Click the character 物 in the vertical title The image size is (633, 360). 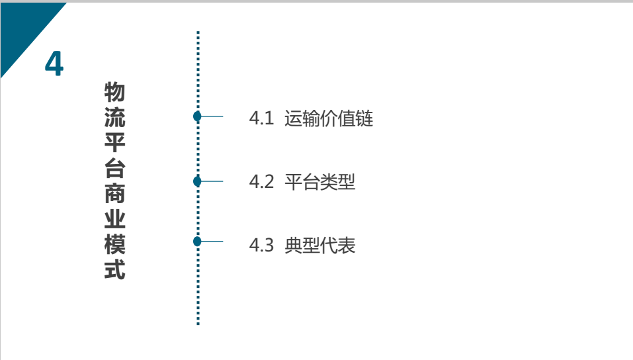(x=114, y=93)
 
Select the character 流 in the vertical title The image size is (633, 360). (x=114, y=118)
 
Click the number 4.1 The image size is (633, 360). (x=261, y=119)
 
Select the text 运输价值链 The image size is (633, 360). (x=329, y=119)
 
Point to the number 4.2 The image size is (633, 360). (x=261, y=182)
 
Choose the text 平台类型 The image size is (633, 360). (x=320, y=182)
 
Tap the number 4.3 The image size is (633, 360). (x=261, y=246)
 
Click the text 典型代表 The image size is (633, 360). (x=320, y=246)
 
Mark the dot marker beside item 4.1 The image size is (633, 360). (x=197, y=116)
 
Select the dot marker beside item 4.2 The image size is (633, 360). (x=197, y=181)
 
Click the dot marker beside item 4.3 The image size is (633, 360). (x=197, y=242)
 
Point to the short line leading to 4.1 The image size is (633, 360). (x=212, y=116)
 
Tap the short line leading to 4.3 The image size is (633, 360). (x=212, y=242)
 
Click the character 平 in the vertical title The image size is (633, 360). (x=114, y=143)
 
